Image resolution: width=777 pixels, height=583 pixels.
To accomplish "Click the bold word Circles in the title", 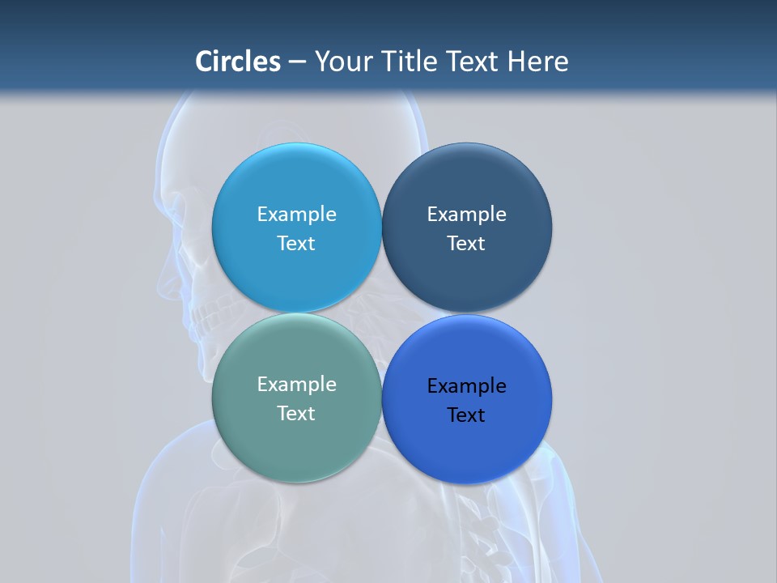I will pos(238,62).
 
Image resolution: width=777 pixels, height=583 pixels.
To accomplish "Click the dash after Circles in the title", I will pos(297,62).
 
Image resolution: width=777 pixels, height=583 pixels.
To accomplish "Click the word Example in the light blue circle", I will pos(296,215).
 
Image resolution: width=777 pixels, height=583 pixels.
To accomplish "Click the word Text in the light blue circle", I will pos(296,244).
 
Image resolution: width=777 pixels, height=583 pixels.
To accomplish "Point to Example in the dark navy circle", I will pos(466,215).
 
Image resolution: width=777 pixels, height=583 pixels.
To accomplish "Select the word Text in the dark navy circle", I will pos(466,244).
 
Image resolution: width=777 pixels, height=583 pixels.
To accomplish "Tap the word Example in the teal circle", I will pos(296,385).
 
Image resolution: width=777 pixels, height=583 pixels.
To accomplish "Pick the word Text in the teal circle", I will pos(296,414).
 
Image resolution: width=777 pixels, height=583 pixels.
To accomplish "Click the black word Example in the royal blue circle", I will pos(466,386).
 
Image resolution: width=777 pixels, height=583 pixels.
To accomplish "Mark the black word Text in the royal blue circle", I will pos(466,415).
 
